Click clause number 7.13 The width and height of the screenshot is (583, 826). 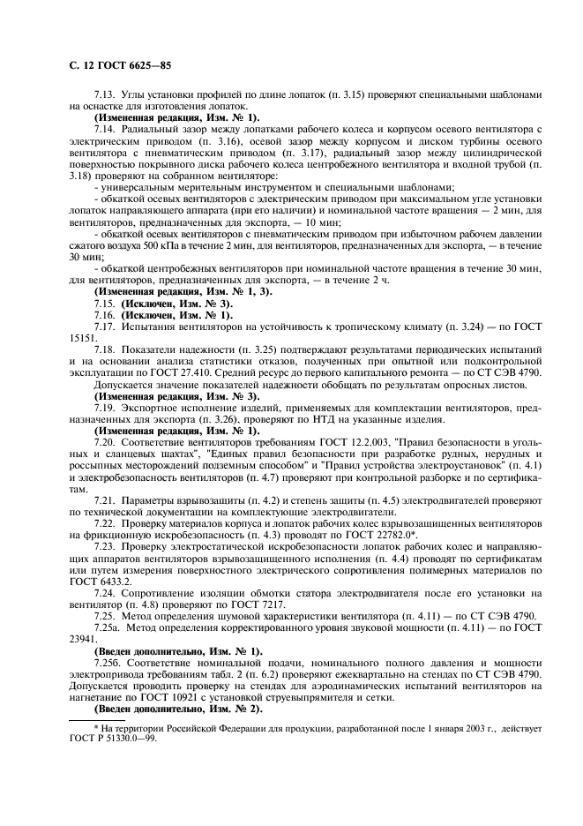click(x=106, y=94)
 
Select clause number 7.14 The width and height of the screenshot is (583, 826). click(x=106, y=129)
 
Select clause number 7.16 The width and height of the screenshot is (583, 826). click(x=106, y=314)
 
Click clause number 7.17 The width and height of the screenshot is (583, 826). click(x=106, y=327)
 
